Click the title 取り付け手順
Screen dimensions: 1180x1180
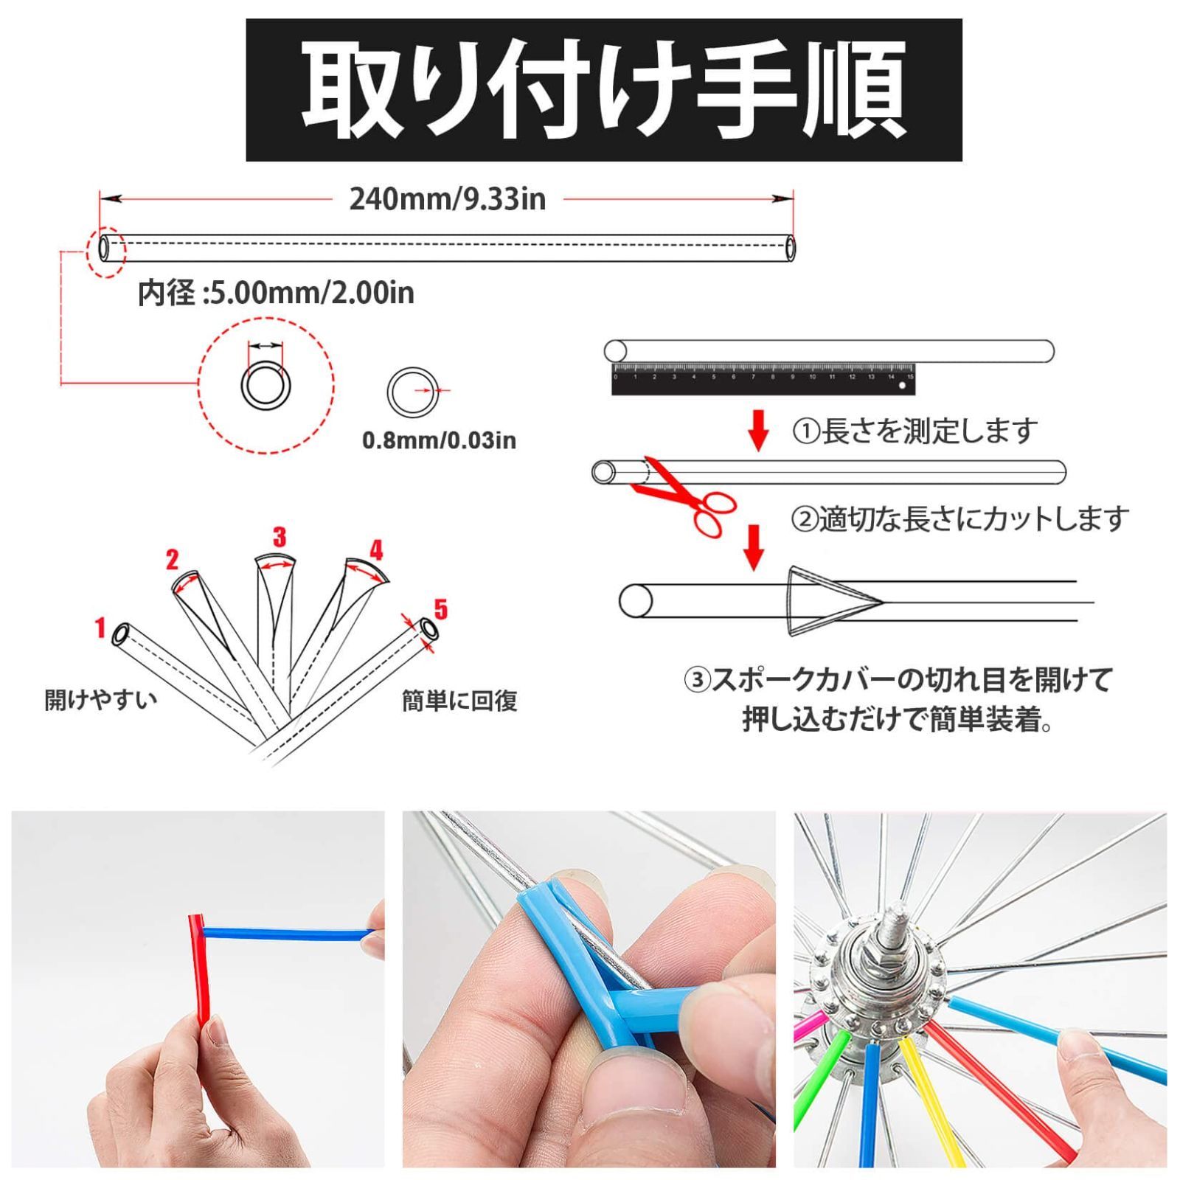tap(604, 90)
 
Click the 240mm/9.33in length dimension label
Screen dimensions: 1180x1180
tap(448, 199)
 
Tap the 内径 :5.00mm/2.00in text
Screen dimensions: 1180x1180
tap(277, 293)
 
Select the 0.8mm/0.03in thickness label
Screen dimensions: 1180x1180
tap(439, 440)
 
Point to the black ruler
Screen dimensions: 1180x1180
tap(763, 379)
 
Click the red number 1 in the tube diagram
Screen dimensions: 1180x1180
tap(101, 628)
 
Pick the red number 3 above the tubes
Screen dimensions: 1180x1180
tap(279, 537)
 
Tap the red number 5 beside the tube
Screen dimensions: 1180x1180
tap(440, 609)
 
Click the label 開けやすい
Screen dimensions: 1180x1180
tap(101, 698)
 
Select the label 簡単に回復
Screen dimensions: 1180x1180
tap(459, 700)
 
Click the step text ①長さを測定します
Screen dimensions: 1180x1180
tap(915, 431)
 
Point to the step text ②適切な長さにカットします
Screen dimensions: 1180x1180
tap(960, 519)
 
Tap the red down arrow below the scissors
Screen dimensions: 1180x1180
tap(754, 547)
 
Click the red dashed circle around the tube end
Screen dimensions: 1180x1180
tap(105, 226)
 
